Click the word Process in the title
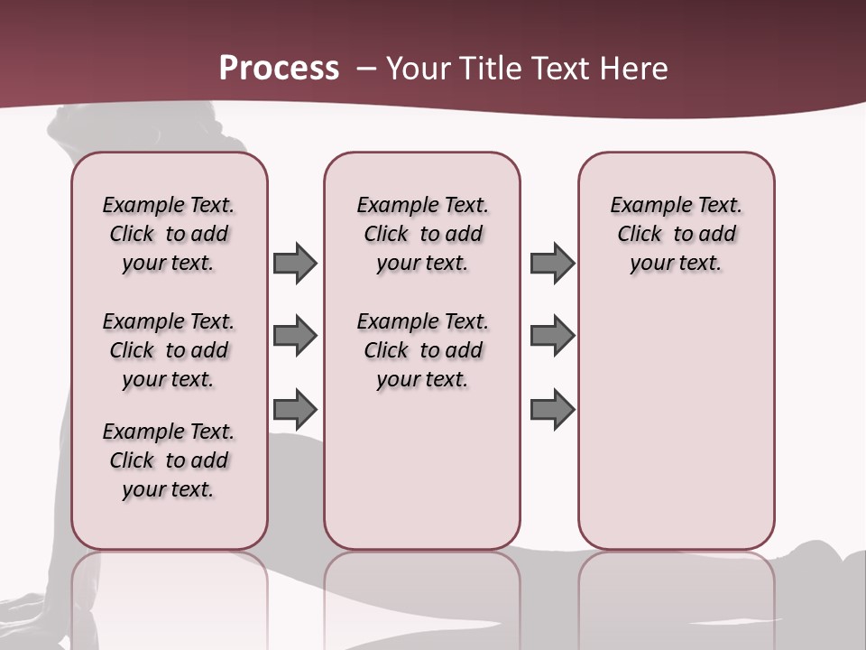[279, 68]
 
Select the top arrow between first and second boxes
[294, 264]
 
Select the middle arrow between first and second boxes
[294, 336]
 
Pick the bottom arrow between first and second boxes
[294, 409]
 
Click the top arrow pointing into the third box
[552, 264]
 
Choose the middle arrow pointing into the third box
[552, 336]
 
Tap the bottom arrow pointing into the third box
[552, 409]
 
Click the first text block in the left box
[169, 234]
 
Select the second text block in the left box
[169, 350]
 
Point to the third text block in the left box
[169, 460]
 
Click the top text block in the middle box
[422, 234]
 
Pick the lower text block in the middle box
[422, 350]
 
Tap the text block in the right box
[676, 234]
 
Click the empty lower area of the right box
[676, 424]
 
